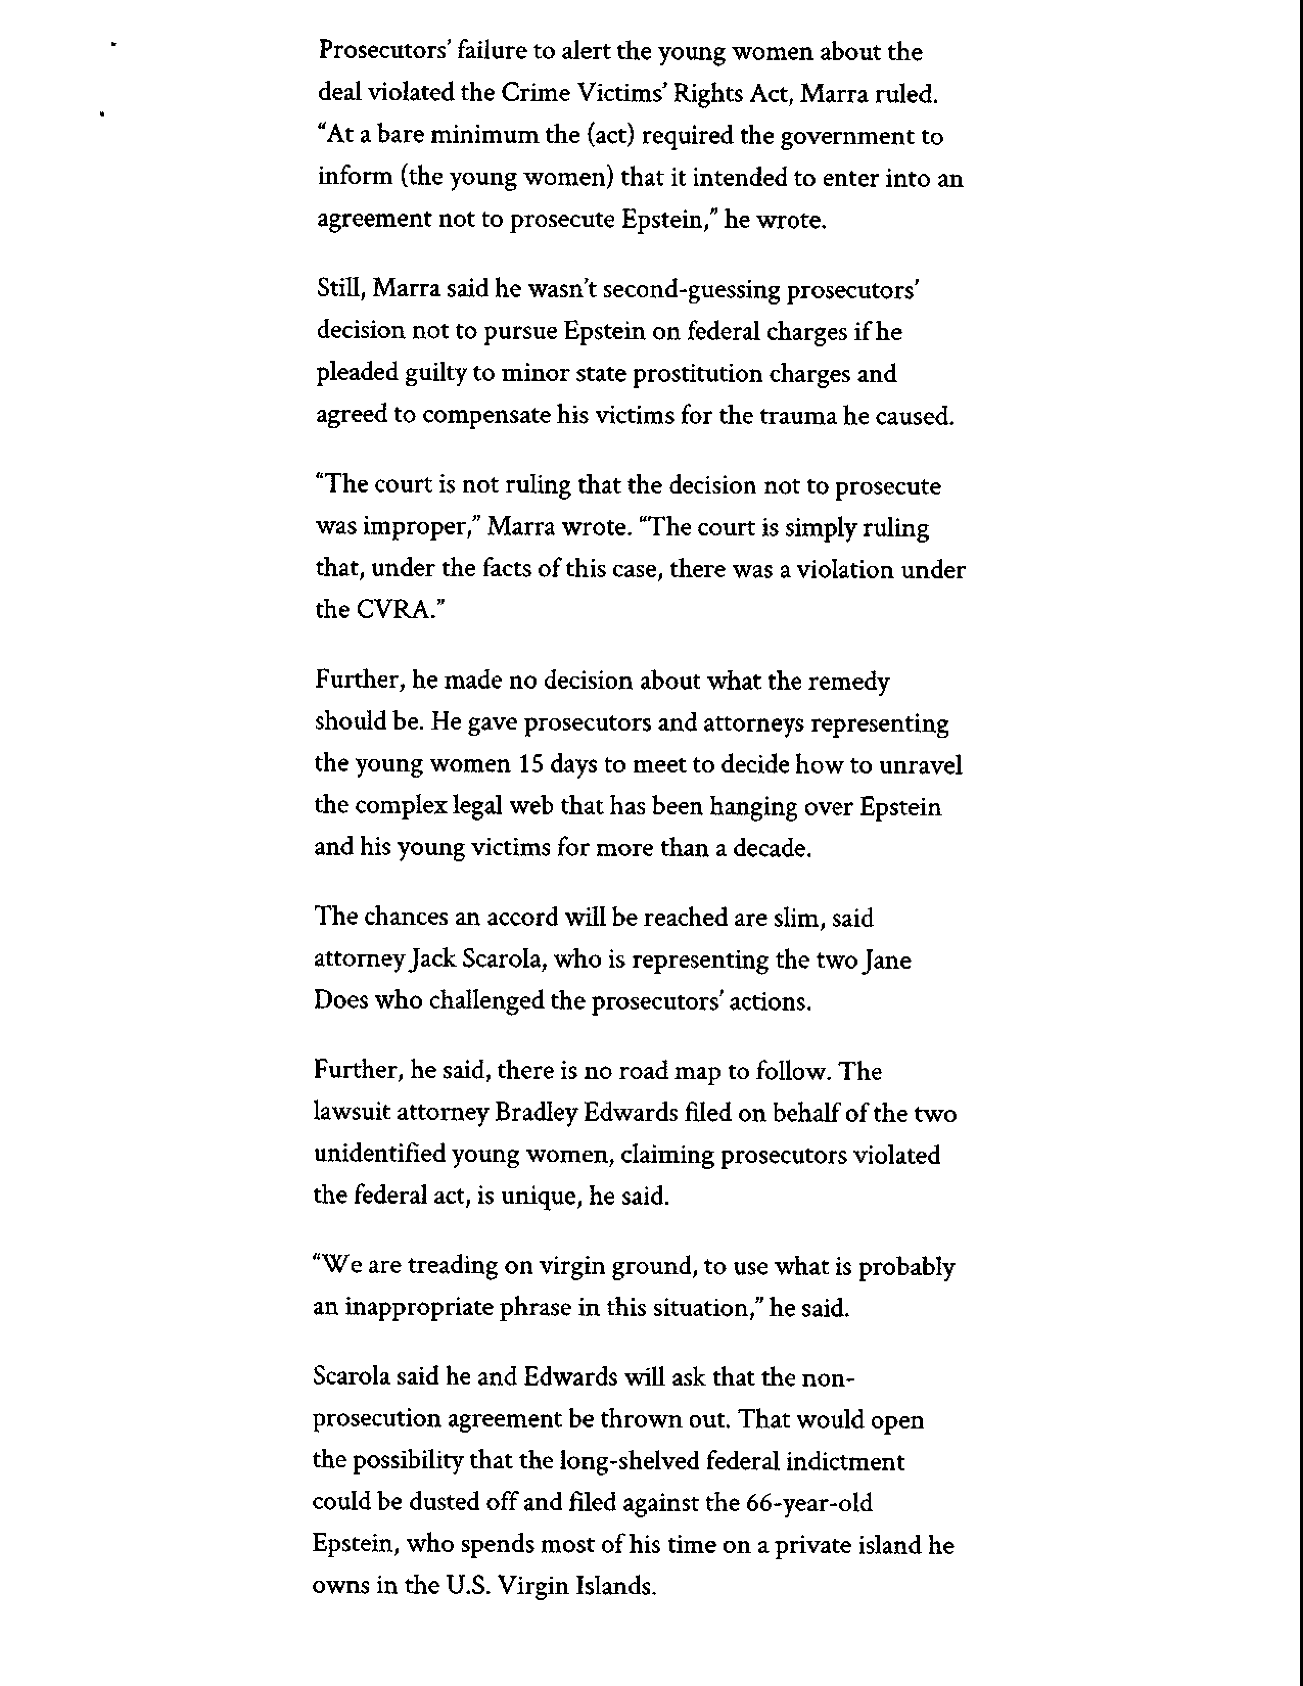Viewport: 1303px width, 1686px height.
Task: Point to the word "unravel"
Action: pyautogui.click(x=921, y=765)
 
